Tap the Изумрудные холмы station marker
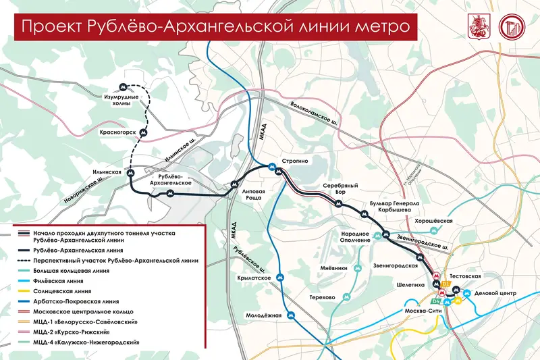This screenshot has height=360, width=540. [122, 87]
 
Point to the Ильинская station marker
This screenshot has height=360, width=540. [131, 174]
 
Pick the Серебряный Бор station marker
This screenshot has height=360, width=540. [340, 203]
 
